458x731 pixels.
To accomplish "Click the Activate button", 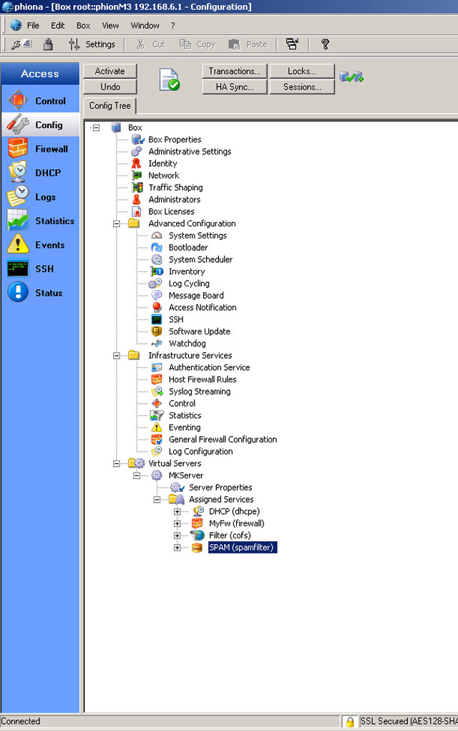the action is (110, 71).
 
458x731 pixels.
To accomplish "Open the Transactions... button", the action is (235, 71).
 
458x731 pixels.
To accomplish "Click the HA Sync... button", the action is (235, 87).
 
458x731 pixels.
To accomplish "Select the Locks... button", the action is (302, 71).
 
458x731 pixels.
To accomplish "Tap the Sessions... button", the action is (302, 87).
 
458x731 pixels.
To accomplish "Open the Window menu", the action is (145, 26).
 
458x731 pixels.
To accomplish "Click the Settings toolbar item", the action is (92, 44).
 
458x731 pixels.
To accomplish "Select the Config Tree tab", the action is (110, 106).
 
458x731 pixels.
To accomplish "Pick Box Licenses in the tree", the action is (171, 211).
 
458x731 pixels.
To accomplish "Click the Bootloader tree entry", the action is (188, 248).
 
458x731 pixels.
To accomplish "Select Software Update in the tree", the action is (200, 331).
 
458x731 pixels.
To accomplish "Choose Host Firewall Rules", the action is (203, 379).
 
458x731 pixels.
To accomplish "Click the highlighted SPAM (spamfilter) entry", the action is (243, 547).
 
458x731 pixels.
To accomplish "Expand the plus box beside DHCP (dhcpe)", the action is (177, 511).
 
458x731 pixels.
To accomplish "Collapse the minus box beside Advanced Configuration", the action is (117, 224).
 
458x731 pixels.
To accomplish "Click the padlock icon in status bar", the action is (349, 722).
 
